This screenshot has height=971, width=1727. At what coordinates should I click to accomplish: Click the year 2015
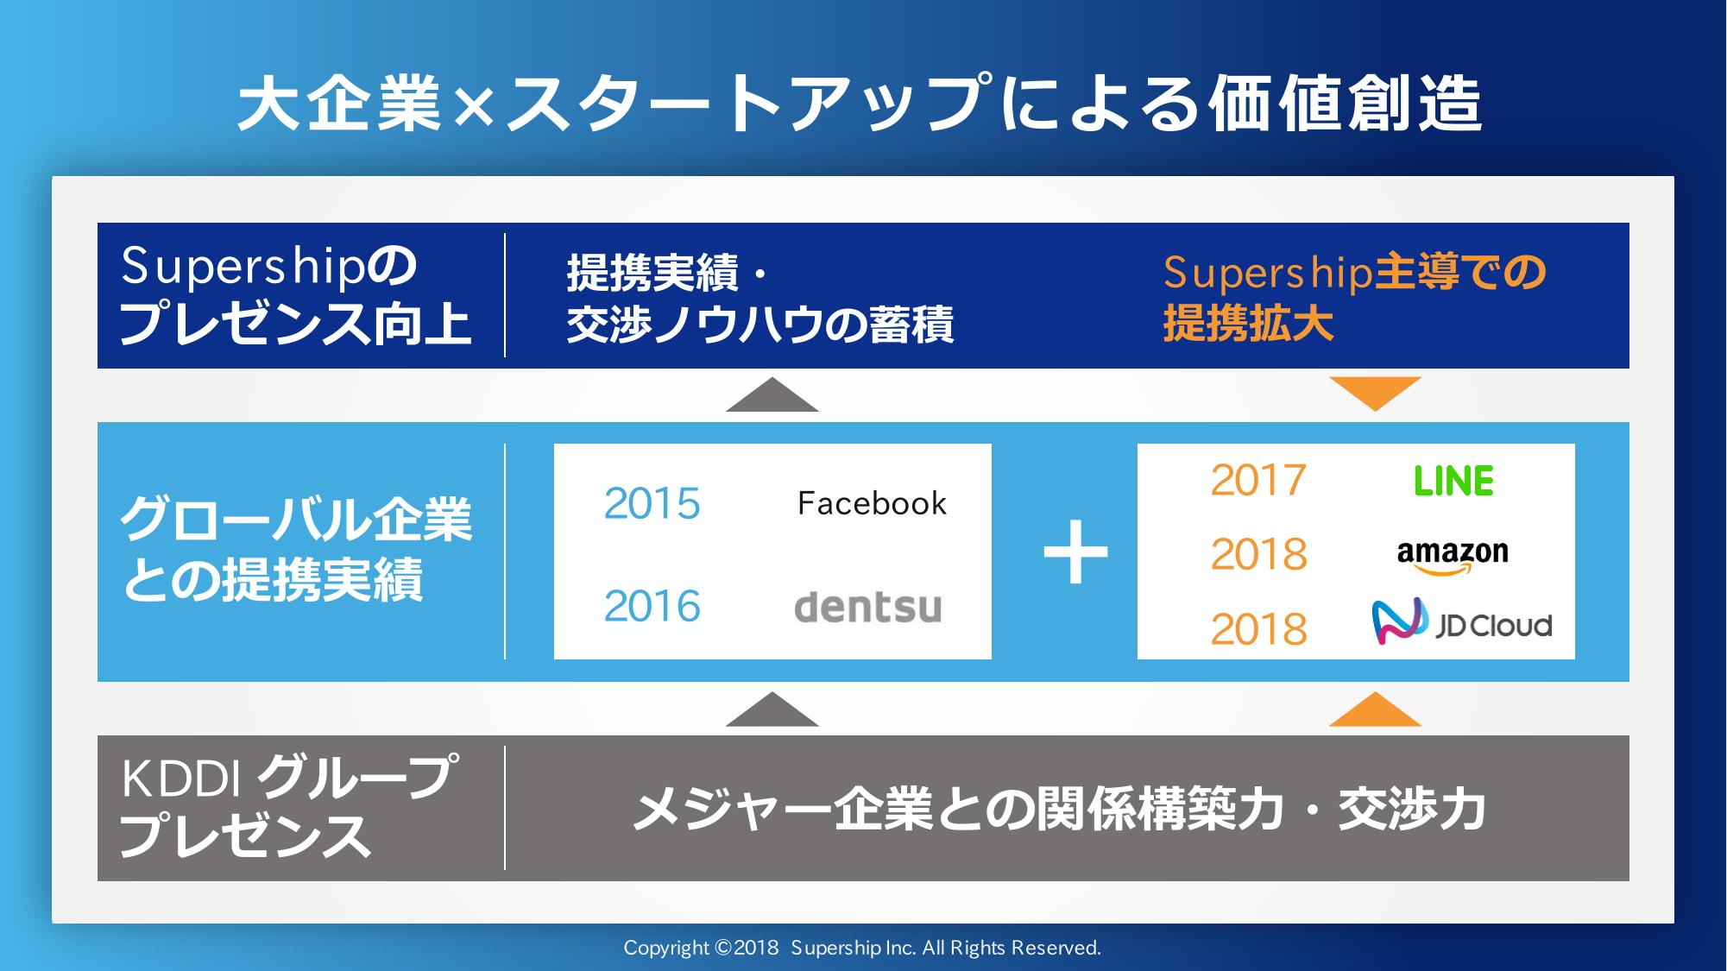coord(652,503)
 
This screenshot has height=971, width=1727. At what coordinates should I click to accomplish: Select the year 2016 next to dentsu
coord(652,606)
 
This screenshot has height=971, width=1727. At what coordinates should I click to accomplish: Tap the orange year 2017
coord(1258,480)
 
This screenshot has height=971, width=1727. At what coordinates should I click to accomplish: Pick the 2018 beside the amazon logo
coord(1258,554)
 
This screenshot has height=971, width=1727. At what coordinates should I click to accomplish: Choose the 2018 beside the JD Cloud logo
coord(1258,629)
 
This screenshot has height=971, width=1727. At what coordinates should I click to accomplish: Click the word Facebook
coord(872,503)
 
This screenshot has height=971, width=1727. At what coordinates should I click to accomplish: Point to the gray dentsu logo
coord(867,606)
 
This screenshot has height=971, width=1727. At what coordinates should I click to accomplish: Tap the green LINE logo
coord(1453,481)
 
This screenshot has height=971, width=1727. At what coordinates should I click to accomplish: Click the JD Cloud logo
coord(1461,622)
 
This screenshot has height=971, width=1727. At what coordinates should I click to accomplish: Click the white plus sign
coord(1075,552)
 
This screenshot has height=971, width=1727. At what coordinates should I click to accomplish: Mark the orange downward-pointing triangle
coord(1375,394)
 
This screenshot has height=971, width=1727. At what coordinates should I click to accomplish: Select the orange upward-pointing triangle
coord(1375,709)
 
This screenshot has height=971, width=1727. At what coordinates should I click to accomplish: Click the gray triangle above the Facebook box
coord(772,394)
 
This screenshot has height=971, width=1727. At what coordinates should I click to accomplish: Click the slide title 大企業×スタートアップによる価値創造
coord(860,104)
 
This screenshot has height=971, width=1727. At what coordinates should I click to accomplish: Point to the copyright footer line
coord(862,948)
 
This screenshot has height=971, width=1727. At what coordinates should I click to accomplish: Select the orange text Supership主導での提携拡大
coord(1354,299)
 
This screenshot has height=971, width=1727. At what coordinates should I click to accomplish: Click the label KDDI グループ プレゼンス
coord(289,807)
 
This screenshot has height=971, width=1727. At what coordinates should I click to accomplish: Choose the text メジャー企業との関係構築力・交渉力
coord(1060,809)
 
